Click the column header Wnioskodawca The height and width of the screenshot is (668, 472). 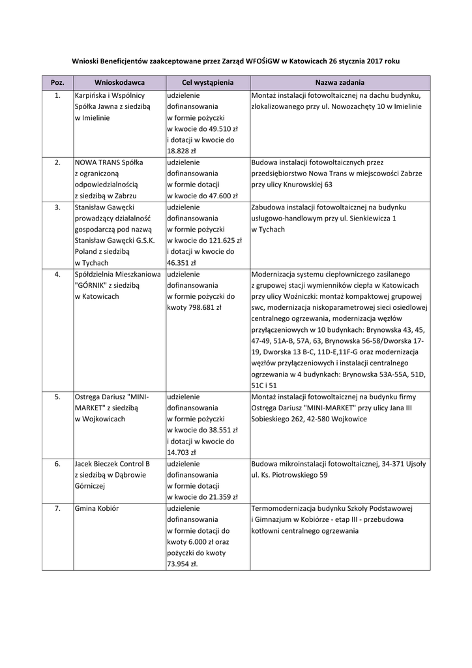(119, 83)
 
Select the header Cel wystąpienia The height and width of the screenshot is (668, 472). (207, 83)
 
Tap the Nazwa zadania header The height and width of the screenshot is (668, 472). (339, 83)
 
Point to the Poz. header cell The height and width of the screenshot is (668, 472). (57, 83)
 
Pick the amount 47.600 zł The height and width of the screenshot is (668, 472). (218, 195)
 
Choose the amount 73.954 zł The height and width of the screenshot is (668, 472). (183, 564)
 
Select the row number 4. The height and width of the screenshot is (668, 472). (57, 275)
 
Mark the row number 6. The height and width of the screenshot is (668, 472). (57, 464)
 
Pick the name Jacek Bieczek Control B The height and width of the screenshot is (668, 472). (113, 464)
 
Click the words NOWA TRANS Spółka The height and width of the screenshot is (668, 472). (110, 162)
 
